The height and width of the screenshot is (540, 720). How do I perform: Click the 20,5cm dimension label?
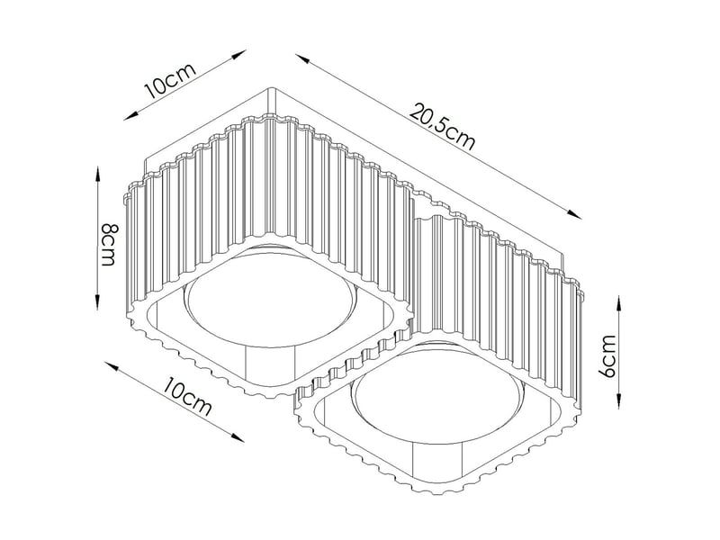click(443, 127)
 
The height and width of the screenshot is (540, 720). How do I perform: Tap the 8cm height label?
click(108, 244)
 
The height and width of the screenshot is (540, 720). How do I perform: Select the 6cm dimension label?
click(608, 356)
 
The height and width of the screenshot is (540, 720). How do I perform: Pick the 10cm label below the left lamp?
click(188, 396)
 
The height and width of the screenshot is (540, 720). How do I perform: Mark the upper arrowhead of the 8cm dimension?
click(97, 175)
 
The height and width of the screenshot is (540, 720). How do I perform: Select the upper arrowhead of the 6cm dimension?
click(618, 303)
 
